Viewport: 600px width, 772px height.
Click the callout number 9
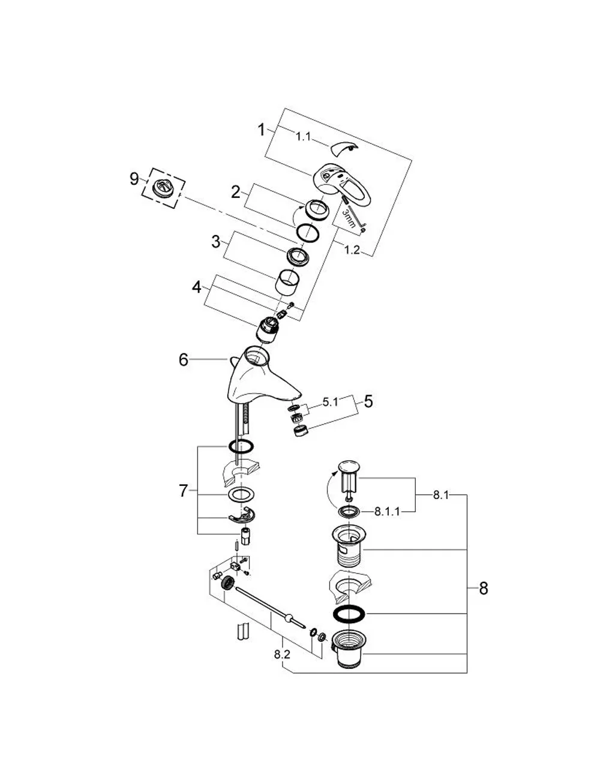click(134, 179)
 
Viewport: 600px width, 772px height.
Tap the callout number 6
click(184, 359)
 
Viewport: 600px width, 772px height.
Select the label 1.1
click(304, 136)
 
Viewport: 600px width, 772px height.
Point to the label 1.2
click(352, 250)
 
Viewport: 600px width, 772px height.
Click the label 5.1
click(331, 402)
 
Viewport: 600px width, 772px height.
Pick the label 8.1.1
click(387, 512)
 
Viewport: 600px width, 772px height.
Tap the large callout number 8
click(484, 588)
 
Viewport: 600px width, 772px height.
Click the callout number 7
click(184, 491)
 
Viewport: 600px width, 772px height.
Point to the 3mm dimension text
click(349, 218)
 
